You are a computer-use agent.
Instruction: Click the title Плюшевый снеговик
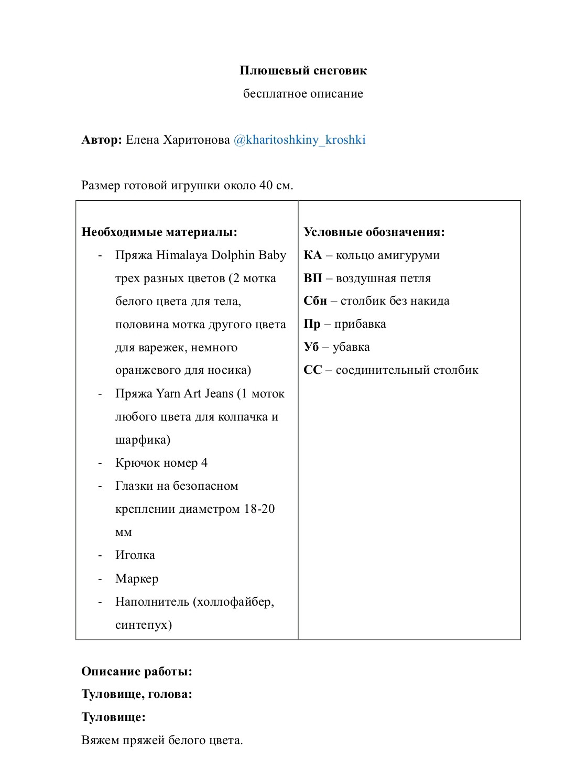(303, 71)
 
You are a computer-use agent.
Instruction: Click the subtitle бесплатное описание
(303, 94)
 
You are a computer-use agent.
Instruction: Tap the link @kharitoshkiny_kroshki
(299, 139)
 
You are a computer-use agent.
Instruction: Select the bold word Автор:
(102, 139)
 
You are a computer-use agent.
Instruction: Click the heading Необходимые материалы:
(159, 232)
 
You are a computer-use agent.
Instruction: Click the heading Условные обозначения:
(374, 232)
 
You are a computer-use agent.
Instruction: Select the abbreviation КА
(312, 255)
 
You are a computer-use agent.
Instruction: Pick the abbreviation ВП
(313, 278)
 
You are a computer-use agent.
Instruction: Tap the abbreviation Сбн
(315, 301)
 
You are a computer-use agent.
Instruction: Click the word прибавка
(360, 324)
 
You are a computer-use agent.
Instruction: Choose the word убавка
(351, 347)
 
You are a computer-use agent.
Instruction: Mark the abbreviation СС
(313, 370)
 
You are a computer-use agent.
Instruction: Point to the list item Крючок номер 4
(161, 463)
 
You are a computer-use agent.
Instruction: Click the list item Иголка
(135, 555)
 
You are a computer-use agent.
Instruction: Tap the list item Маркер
(136, 579)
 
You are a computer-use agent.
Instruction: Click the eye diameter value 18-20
(259, 509)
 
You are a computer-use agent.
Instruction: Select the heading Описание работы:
(137, 672)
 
